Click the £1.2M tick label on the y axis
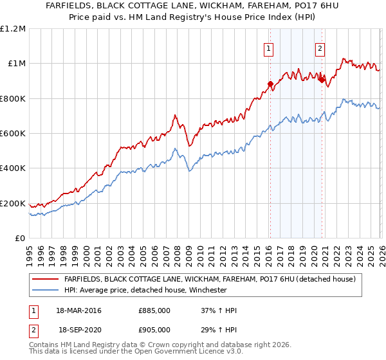tap(13, 28)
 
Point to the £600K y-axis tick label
tap(13, 134)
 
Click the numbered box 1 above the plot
tap(268, 47)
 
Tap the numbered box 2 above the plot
tap(320, 47)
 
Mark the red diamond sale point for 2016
tap(270, 84)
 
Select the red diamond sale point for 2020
tap(322, 80)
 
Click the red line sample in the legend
tap(46, 280)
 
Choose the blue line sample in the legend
tap(46, 290)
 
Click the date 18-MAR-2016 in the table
tap(78, 310)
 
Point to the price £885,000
tap(154, 310)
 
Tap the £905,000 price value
tap(154, 329)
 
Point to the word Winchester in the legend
tap(207, 290)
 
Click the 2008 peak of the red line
tap(174, 115)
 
